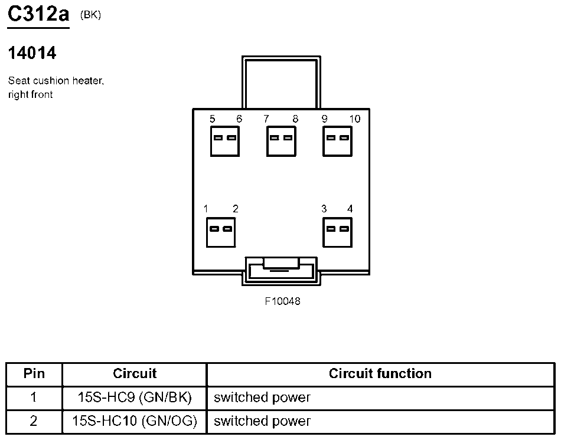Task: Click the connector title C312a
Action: click(38, 14)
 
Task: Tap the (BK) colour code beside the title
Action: click(90, 15)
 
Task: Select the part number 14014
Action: click(32, 53)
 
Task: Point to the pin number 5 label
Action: click(212, 119)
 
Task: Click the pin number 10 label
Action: click(354, 119)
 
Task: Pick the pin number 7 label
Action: click(267, 119)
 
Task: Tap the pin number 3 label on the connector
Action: click(324, 209)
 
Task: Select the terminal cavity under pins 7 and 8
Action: click(281, 142)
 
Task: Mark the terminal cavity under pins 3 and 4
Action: click(337, 232)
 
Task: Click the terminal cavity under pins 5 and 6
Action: click(225, 142)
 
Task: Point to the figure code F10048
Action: click(282, 301)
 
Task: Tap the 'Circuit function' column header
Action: click(380, 374)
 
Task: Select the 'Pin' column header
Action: click(34, 374)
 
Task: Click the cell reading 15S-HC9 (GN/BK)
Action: click(135, 398)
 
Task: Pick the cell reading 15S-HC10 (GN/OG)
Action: click(135, 421)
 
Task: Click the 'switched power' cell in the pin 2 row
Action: click(262, 421)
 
